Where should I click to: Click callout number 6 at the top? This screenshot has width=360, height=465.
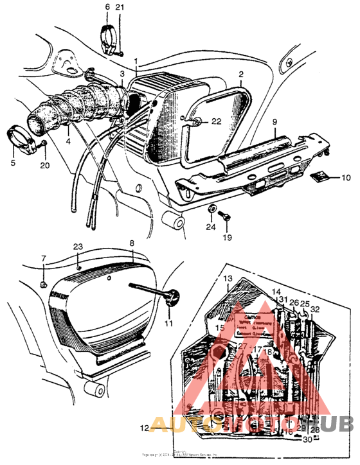click(107, 6)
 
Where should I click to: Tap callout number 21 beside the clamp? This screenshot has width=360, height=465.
click(120, 6)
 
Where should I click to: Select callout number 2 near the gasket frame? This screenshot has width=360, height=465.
click(240, 75)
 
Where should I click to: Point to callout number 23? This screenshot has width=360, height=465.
click(78, 247)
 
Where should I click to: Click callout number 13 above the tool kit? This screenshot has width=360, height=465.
click(227, 279)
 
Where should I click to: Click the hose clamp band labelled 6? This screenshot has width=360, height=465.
click(111, 33)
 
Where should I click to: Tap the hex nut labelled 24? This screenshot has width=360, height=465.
click(211, 210)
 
